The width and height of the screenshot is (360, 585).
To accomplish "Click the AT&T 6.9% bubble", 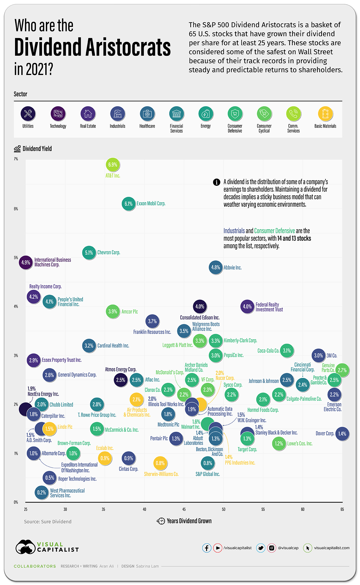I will point(112,164).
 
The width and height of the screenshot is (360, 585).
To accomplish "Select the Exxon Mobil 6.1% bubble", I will point(128,204).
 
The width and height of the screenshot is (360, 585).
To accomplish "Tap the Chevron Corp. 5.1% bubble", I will point(89,253).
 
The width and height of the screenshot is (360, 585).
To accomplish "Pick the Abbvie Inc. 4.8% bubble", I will point(215,267).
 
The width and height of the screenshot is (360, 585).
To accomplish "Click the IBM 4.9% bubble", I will point(26,262).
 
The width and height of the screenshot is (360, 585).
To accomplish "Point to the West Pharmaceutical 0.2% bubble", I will point(41,493).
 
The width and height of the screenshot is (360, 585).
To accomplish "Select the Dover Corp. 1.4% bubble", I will point(342,433).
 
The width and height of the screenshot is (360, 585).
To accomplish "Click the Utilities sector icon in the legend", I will point(28,114).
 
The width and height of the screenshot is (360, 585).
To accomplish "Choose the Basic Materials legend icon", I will point(325,114).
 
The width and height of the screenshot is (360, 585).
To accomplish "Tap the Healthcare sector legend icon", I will point(147,114).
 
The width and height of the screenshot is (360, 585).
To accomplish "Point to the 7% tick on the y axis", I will point(16,159).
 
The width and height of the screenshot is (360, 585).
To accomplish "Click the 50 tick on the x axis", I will point(223,509).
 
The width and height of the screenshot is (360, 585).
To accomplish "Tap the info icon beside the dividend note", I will point(217,182).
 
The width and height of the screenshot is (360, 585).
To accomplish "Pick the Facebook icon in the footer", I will point(207,548).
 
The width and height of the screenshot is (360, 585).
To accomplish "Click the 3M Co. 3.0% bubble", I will point(318,355).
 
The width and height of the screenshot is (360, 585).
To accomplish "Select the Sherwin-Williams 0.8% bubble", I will point(160,463).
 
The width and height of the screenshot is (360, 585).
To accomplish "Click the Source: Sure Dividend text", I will point(48,522).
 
